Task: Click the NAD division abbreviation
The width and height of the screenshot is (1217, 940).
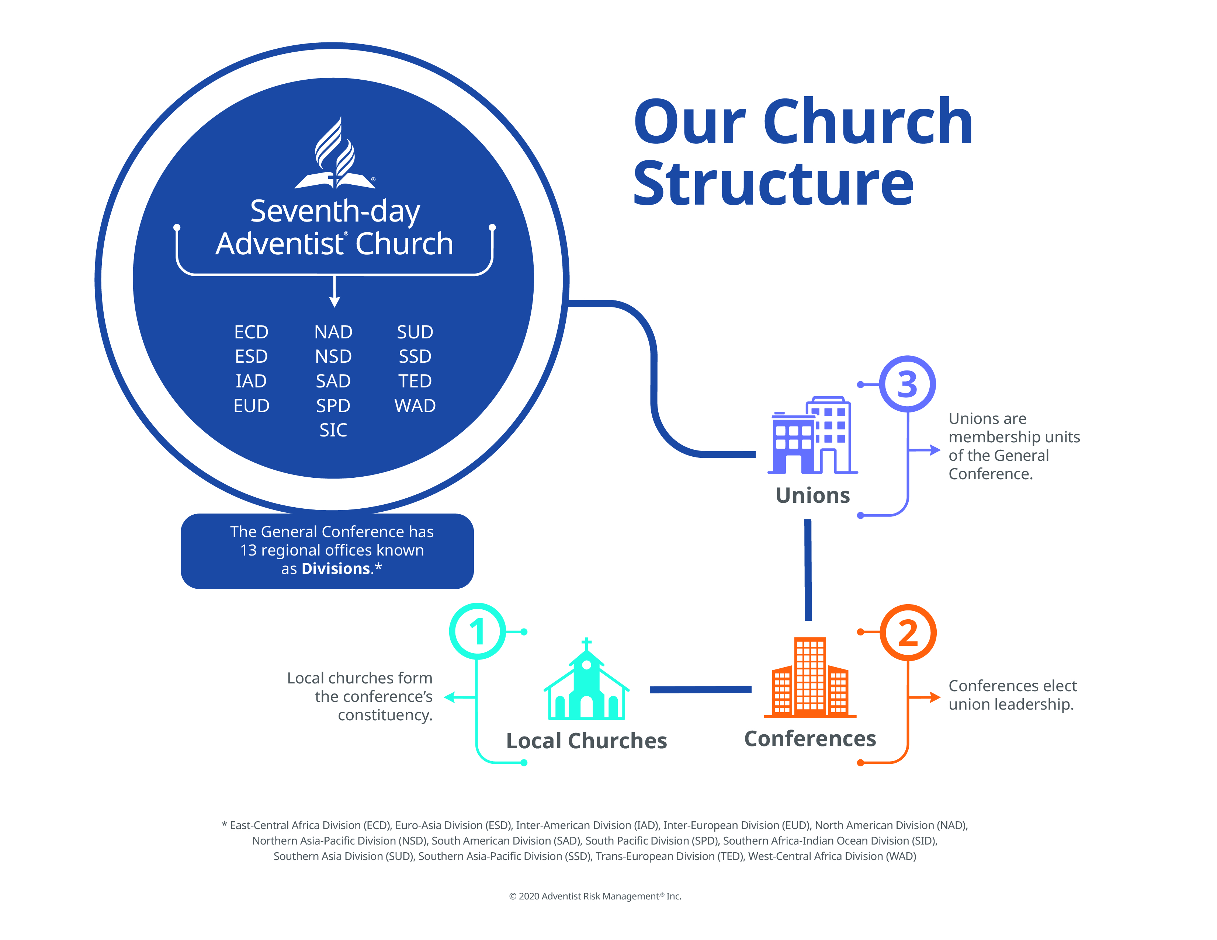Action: click(x=333, y=332)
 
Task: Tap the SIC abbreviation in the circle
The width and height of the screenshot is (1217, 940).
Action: click(x=333, y=430)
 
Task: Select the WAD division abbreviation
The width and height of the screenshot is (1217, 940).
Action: click(x=415, y=405)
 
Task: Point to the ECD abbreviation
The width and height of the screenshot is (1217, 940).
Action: click(x=251, y=332)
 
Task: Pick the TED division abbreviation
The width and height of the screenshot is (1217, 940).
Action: click(x=415, y=381)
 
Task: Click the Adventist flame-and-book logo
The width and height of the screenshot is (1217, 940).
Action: click(x=335, y=153)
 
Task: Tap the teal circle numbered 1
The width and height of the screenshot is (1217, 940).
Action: click(x=478, y=631)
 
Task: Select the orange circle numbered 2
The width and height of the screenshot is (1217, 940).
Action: click(x=908, y=633)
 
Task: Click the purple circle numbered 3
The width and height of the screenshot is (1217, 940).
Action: click(x=907, y=384)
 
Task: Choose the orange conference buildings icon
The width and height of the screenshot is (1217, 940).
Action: click(x=809, y=677)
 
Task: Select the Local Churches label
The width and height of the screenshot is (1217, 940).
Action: click(x=586, y=741)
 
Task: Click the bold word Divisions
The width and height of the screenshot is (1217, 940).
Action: click(x=336, y=568)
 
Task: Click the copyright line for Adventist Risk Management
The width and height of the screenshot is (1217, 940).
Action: click(x=595, y=896)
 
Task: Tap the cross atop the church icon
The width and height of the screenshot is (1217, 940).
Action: click(x=586, y=644)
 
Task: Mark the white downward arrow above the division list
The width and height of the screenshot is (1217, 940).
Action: click(x=334, y=291)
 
